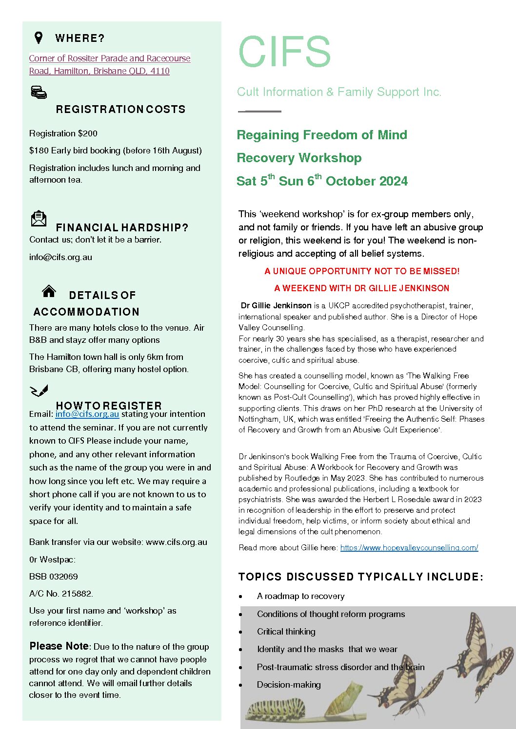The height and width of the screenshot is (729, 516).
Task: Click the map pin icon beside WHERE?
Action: click(x=39, y=37)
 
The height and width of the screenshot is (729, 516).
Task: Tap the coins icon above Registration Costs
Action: click(x=39, y=92)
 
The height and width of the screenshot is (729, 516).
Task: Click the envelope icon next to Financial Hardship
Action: click(x=39, y=219)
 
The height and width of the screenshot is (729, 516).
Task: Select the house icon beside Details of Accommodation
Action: click(x=49, y=291)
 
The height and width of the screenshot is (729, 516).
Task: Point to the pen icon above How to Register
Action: click(x=39, y=391)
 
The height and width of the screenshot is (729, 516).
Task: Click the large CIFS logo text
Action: click(x=284, y=52)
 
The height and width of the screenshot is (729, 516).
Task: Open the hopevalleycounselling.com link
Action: click(x=409, y=547)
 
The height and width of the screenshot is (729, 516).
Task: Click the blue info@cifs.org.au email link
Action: click(x=87, y=414)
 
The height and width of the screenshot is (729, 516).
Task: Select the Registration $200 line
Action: click(x=63, y=133)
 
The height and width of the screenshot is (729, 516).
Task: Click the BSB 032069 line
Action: click(x=54, y=577)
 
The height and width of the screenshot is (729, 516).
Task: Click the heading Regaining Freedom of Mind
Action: click(x=321, y=135)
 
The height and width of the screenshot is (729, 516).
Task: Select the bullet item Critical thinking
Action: click(x=286, y=632)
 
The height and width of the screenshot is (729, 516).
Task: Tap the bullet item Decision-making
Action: click(x=289, y=685)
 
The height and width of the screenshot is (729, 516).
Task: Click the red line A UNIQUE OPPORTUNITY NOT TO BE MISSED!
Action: click(x=362, y=271)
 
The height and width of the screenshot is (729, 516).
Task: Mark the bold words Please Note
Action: click(x=59, y=646)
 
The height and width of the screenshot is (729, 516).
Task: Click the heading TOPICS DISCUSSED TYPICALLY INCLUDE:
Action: click(x=360, y=577)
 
